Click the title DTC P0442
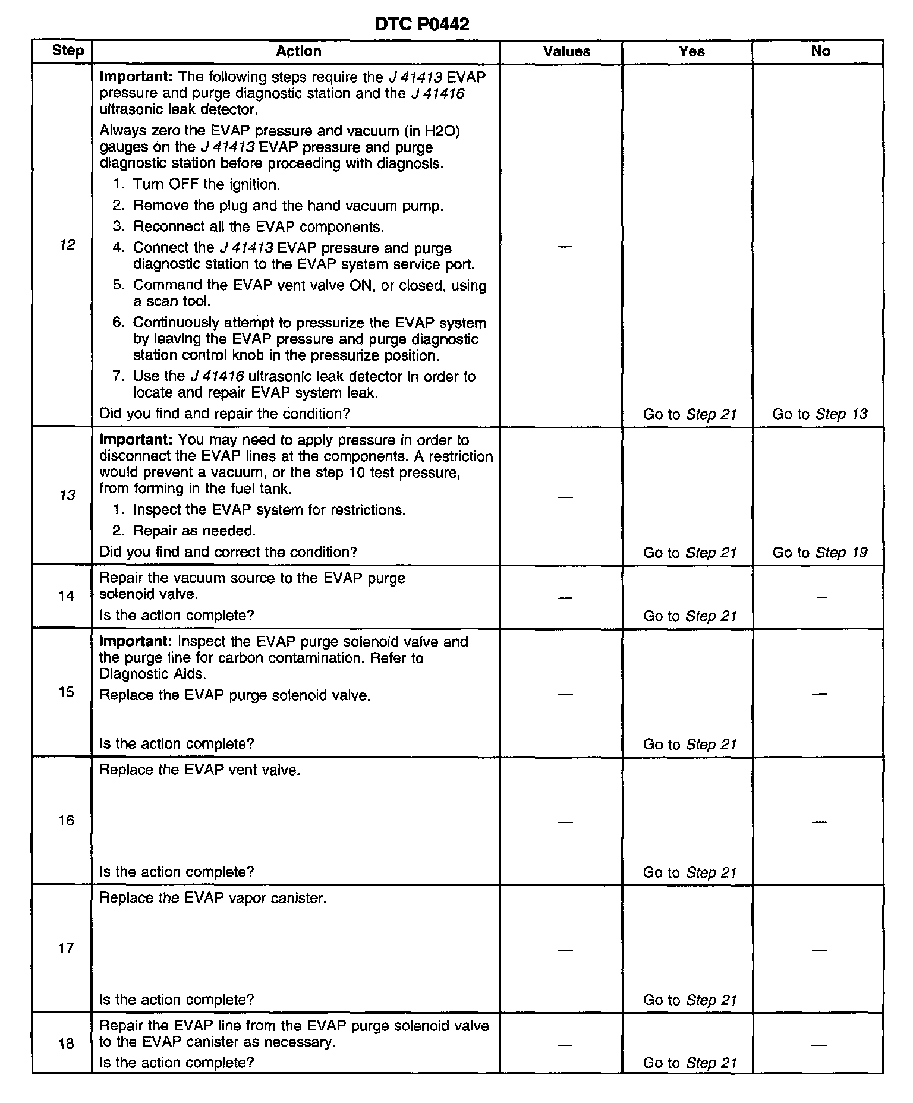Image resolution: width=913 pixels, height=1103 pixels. pyautogui.click(x=422, y=24)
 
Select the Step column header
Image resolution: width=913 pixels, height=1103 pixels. pyautogui.click(x=68, y=51)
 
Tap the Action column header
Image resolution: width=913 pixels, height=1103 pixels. pyautogui.click(x=298, y=51)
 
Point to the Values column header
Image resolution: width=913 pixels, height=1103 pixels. pyautogui.click(x=566, y=51)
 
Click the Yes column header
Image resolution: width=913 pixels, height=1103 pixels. pyautogui.click(x=692, y=51)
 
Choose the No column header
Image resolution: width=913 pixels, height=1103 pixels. pyautogui.click(x=820, y=51)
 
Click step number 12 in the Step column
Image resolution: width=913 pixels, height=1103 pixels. pyautogui.click(x=67, y=244)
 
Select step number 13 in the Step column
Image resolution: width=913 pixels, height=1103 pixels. pyautogui.click(x=67, y=495)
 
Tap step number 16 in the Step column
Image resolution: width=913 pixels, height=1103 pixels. pyautogui.click(x=67, y=821)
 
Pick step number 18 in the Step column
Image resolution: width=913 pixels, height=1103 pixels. pyautogui.click(x=67, y=1044)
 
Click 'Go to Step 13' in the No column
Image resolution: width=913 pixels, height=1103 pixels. pyautogui.click(x=820, y=414)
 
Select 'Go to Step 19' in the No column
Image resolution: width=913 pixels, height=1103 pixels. pyautogui.click(x=820, y=553)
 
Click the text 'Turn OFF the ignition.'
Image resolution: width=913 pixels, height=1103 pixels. pyautogui.click(x=206, y=184)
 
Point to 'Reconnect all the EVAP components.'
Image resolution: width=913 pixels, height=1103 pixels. pyautogui.click(x=258, y=226)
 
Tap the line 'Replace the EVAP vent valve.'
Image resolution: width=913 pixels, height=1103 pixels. pyautogui.click(x=200, y=770)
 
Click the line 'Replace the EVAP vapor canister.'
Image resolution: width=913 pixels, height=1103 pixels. pyautogui.click(x=213, y=897)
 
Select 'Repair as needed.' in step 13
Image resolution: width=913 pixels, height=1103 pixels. pyautogui.click(x=194, y=531)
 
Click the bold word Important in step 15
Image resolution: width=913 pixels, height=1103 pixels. pyautogui.click(x=136, y=642)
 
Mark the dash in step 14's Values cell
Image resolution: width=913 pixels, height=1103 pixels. pyautogui.click(x=566, y=597)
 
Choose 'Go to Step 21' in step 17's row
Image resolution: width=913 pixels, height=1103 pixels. pyautogui.click(x=690, y=1000)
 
